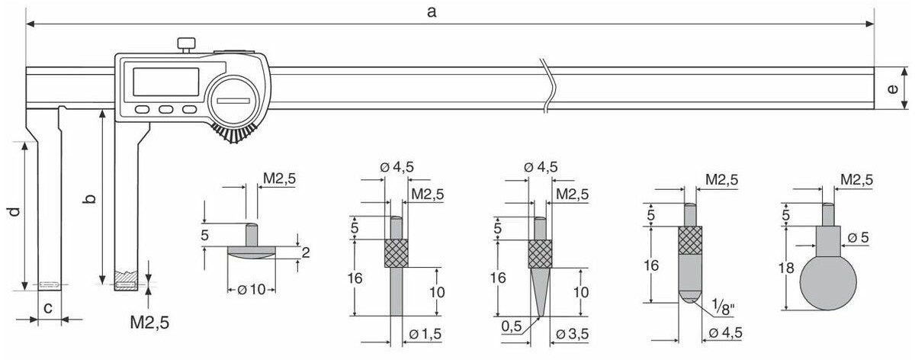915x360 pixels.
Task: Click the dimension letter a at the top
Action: [x=432, y=12]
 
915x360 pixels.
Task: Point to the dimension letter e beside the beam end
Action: [x=893, y=88]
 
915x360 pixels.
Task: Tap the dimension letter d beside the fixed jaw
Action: [x=14, y=212]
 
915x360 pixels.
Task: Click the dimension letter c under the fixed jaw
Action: [x=48, y=307]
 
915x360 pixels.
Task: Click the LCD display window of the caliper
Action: [x=166, y=82]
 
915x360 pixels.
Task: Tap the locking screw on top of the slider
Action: [x=186, y=45]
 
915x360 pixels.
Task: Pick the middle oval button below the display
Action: [x=166, y=109]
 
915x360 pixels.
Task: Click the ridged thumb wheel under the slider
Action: [x=234, y=133]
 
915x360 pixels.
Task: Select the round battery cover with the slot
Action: [x=233, y=101]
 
